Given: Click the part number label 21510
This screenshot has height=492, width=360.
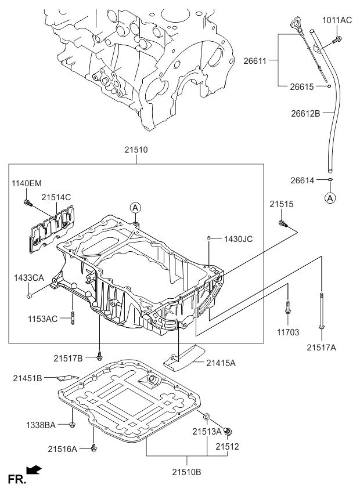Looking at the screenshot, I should coord(135,150).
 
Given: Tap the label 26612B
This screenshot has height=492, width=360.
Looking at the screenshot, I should coord(305,113).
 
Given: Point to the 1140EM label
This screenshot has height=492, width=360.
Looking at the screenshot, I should coord(27,183).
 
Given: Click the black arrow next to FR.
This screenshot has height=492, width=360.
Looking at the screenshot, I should coord(34,469).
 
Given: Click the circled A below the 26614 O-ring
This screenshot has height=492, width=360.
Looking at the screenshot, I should coord(330,198).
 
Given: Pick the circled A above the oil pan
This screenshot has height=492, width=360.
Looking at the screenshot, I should coord(135,208).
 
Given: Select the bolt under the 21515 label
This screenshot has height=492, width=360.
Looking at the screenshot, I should coord(282,223).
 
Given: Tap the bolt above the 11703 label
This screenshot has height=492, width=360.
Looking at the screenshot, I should coord(287,308).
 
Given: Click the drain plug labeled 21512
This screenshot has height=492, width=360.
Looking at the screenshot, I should coord(228,432).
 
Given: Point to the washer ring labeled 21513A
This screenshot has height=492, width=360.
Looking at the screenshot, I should coord(206,417).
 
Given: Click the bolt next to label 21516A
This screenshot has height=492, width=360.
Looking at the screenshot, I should coord(93,447).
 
